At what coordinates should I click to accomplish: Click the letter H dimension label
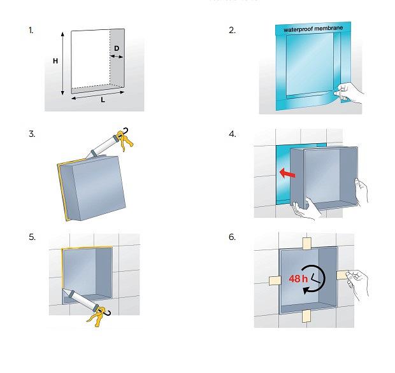point(55,61)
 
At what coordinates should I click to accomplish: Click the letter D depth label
point(117,48)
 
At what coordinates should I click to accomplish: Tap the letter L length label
point(103,100)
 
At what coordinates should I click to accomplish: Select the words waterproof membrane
point(313,29)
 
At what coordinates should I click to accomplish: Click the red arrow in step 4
point(287,173)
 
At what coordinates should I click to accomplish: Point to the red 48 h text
point(298,279)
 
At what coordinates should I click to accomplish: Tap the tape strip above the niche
point(306,243)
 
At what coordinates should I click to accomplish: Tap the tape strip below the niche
point(306,316)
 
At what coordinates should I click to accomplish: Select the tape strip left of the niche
point(275,280)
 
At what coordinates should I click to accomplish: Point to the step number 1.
point(31,31)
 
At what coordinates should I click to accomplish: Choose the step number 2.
point(233,31)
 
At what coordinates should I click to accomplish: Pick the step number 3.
point(32,134)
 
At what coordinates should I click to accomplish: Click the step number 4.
point(233,134)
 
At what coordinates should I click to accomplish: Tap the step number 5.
point(32,237)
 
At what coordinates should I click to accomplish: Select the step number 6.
point(233,237)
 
